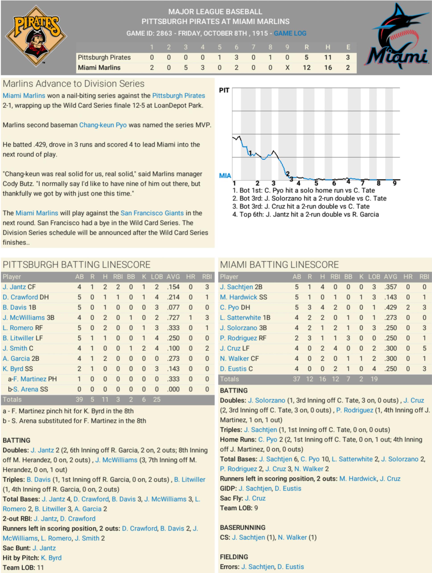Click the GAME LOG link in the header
coord(290,33)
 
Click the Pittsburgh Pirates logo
coord(36,36)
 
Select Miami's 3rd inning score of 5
coord(186,68)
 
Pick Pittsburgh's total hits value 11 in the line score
coord(328,57)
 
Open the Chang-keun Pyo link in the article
coord(103,125)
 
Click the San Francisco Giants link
coord(152,213)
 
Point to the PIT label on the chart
coord(224,90)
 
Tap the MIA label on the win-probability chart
coord(225,176)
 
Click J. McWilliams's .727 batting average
coord(173,318)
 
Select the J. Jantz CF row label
coord(19,287)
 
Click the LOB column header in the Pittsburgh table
coord(157,277)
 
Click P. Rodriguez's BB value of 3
coord(348,338)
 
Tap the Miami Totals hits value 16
coord(322,379)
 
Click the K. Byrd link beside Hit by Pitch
coord(51,558)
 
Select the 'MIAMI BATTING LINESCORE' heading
coord(279,265)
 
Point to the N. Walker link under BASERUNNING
coord(292,538)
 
